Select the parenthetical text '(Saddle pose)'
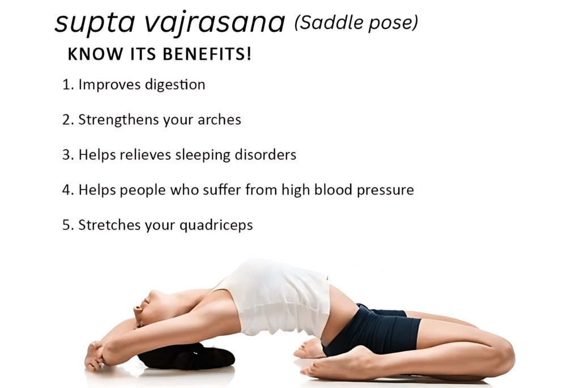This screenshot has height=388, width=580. (356, 23)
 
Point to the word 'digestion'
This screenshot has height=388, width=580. (175, 85)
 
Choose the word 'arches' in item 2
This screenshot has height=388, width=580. (219, 120)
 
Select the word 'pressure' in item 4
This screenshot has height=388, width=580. (387, 189)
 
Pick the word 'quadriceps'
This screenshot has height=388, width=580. (216, 225)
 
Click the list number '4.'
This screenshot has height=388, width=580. (68, 189)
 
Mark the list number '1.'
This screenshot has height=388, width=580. (68, 85)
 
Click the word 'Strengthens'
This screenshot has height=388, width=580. (112, 120)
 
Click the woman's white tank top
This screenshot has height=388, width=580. (278, 298)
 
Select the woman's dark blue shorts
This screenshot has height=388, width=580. (379, 332)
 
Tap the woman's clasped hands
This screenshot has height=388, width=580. (96, 355)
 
